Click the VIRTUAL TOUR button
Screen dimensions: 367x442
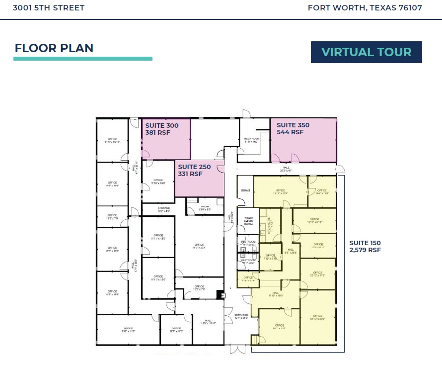pyautogui.click(x=366, y=52)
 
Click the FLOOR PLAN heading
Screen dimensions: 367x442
pyautogui.click(x=54, y=48)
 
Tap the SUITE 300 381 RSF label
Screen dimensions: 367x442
pyautogui.click(x=162, y=129)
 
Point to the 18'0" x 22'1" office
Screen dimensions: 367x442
pyautogui.click(x=199, y=246)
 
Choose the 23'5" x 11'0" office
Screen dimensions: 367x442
pyautogui.click(x=128, y=329)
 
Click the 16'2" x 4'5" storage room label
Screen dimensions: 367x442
pyautogui.click(x=164, y=209)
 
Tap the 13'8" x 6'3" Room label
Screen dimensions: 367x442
pyautogui.click(x=205, y=208)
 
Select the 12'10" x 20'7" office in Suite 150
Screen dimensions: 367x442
pyautogui.click(x=318, y=317)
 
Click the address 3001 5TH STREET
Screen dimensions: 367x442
pyautogui.click(x=49, y=8)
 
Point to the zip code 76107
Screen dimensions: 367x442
pyautogui.click(x=409, y=8)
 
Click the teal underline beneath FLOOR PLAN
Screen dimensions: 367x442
pyautogui.click(x=82, y=59)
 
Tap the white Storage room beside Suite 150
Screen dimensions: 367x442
pyautogui.click(x=245, y=190)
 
